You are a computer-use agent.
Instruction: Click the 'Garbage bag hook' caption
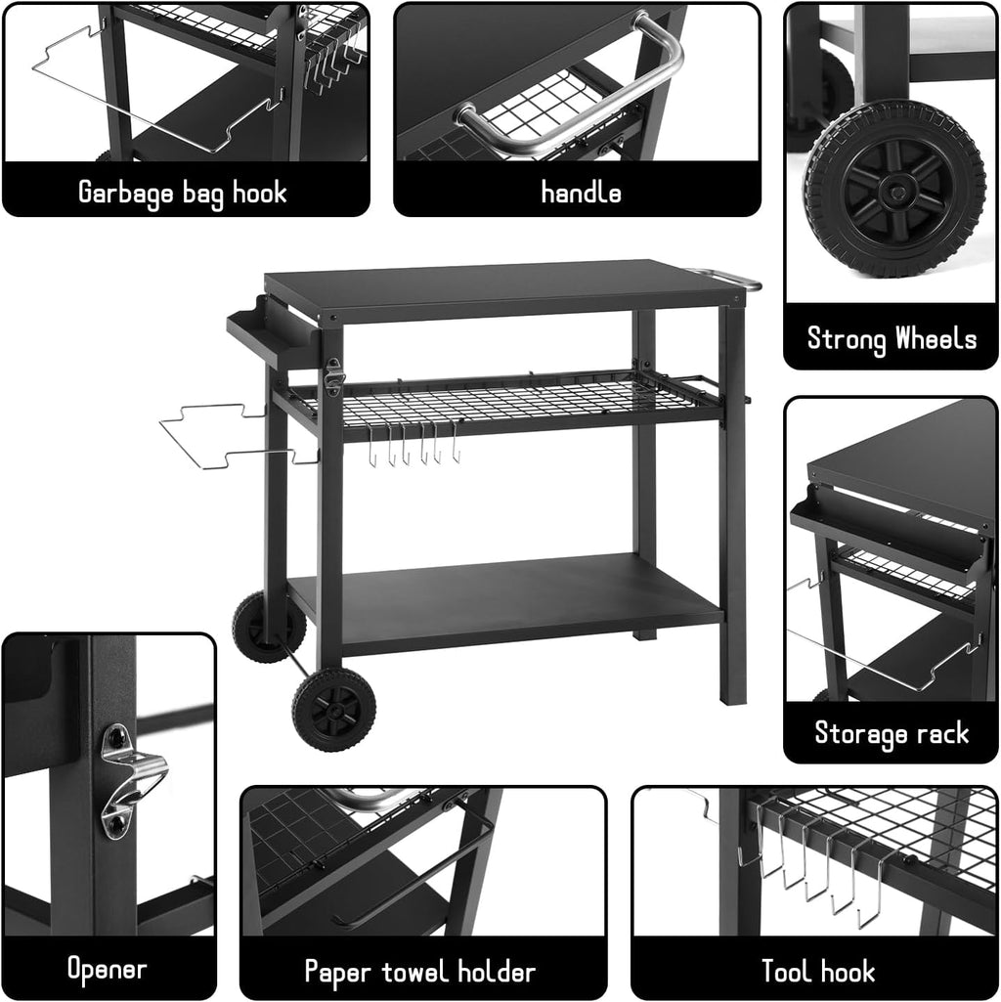183,192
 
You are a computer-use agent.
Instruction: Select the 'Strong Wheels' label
892,339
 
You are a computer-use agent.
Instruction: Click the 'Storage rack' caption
892,732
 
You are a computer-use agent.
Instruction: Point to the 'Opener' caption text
107,969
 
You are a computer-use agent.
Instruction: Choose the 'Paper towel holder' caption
420,972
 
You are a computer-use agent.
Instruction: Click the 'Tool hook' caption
818,972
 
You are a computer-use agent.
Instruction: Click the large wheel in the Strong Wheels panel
893,189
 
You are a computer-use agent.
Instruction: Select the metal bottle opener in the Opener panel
131,776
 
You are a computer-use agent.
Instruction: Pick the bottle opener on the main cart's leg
334,375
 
